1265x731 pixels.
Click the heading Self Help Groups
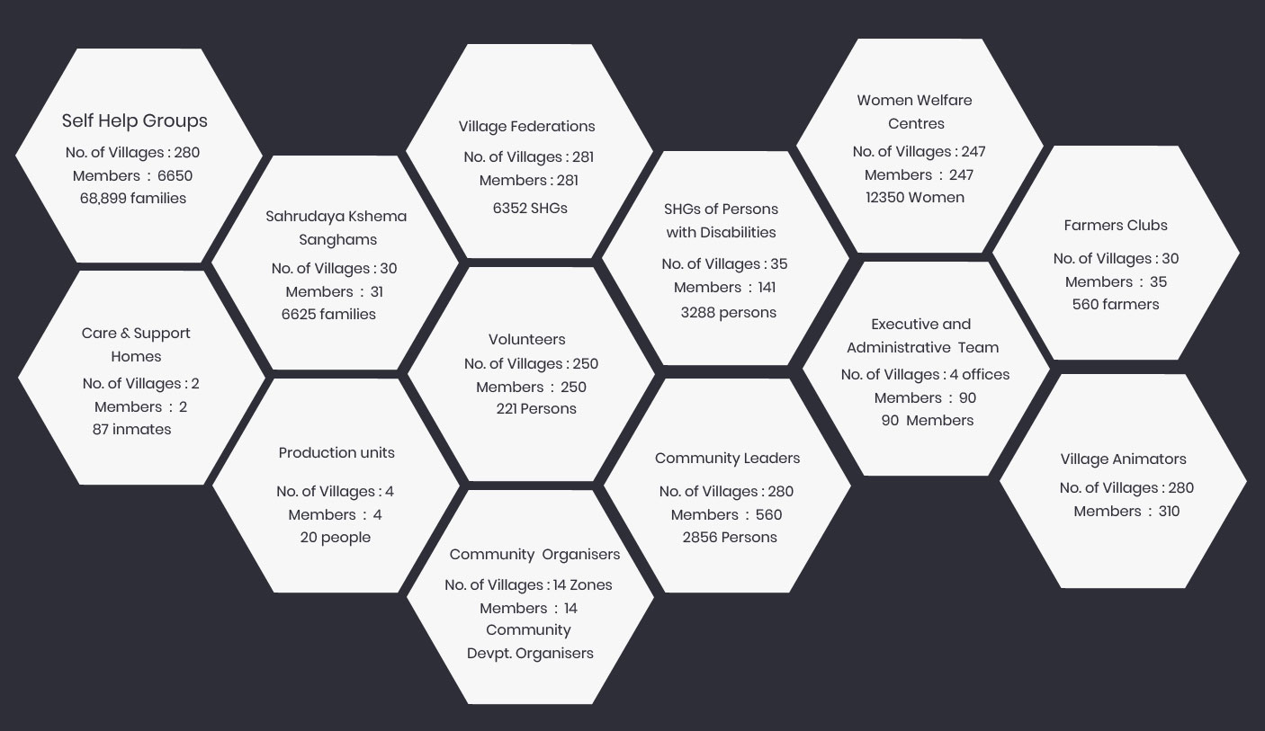(x=135, y=120)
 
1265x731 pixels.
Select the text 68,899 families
(x=133, y=198)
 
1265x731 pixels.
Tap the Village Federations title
(x=526, y=126)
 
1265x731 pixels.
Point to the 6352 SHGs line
(x=530, y=208)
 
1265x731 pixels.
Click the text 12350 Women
(x=915, y=197)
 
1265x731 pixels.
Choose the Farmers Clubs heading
(x=1116, y=225)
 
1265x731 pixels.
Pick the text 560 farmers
(x=1116, y=304)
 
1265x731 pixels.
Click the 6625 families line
(x=328, y=314)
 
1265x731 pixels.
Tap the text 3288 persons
(x=729, y=313)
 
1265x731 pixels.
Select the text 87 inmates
(x=131, y=429)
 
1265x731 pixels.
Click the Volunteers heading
(x=527, y=339)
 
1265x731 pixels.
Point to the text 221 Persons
(x=536, y=408)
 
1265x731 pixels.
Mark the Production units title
(x=336, y=452)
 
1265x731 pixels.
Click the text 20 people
(x=335, y=537)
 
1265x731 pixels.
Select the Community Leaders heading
(x=727, y=458)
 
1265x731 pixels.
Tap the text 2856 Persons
(x=730, y=537)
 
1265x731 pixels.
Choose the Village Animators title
(x=1123, y=459)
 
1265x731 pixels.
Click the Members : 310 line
(x=1126, y=511)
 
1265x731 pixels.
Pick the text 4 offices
(x=980, y=374)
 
